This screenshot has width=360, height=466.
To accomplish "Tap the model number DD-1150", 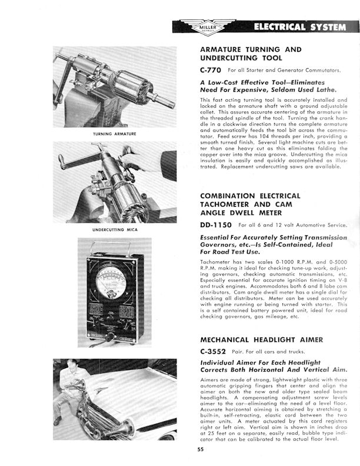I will (x=219, y=225).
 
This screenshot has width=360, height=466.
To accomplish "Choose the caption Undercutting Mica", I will (x=116, y=229).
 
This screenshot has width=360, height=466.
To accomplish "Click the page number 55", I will (x=201, y=450).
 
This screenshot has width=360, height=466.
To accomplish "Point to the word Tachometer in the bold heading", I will (x=225, y=205).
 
